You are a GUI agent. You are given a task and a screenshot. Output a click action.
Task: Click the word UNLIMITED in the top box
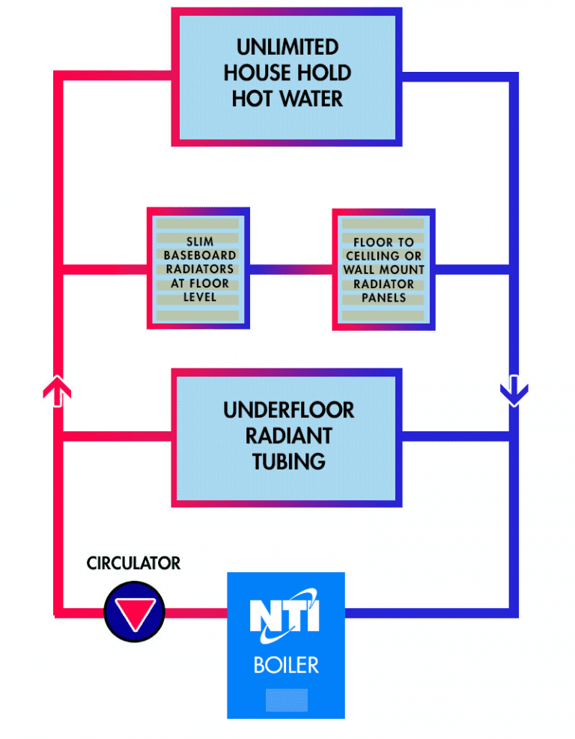(x=287, y=47)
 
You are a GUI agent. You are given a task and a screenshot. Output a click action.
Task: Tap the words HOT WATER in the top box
(x=287, y=99)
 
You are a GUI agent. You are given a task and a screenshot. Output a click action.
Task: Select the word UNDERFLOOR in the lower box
(x=288, y=410)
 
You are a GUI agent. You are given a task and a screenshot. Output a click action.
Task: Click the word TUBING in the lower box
(x=288, y=460)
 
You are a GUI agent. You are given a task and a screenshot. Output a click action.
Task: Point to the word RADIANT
(x=288, y=436)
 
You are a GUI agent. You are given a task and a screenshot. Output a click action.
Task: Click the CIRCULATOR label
(x=133, y=563)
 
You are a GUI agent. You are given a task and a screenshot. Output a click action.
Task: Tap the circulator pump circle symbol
(x=134, y=611)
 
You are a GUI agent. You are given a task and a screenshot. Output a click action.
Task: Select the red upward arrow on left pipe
(x=58, y=391)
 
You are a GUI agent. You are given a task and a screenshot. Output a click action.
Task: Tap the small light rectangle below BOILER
(x=286, y=700)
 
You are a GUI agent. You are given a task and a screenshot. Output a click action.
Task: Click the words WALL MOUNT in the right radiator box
(x=383, y=270)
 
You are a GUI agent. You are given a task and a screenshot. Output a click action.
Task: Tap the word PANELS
(x=383, y=298)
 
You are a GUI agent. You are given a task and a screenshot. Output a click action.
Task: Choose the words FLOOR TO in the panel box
(x=383, y=243)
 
